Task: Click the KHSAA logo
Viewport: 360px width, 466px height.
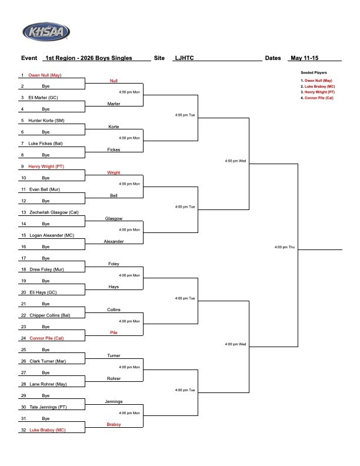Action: (46, 32)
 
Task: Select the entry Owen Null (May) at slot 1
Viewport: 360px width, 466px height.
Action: (45, 75)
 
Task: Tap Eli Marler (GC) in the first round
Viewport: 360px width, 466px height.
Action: (43, 98)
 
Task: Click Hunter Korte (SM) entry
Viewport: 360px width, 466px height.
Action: (46, 121)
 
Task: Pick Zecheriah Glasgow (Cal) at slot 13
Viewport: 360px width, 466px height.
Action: (54, 212)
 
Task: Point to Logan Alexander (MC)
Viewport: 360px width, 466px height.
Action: (52, 235)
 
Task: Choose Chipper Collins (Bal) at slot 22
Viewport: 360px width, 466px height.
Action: (50, 315)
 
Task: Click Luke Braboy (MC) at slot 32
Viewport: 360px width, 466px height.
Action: (48, 430)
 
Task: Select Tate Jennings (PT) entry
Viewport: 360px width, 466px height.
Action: (48, 407)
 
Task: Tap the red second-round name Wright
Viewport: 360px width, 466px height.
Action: (114, 172)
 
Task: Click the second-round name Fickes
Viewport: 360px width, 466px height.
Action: (114, 149)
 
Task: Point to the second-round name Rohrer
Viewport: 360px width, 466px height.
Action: (114, 378)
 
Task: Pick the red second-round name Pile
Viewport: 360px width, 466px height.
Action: (114, 332)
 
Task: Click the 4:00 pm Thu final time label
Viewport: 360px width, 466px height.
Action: (285, 247)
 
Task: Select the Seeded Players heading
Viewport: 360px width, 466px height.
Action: (314, 72)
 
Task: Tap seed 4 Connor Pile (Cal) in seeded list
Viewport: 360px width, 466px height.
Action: (317, 98)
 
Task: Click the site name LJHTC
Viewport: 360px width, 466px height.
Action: (185, 58)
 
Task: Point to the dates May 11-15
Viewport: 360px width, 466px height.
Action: (305, 58)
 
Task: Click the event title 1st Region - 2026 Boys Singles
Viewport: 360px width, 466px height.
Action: (89, 58)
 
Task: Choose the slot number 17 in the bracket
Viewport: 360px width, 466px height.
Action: (24, 258)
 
